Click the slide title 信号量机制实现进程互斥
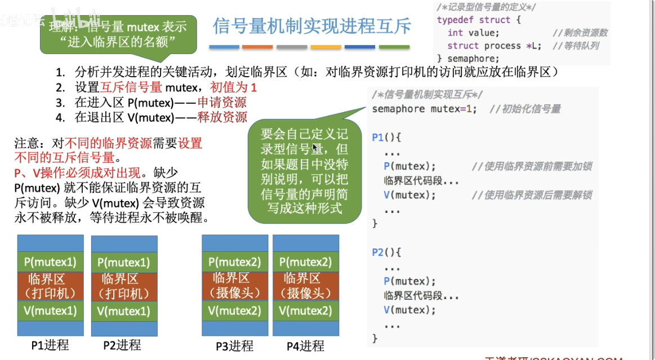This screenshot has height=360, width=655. click(x=311, y=26)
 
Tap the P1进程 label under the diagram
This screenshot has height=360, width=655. click(x=50, y=345)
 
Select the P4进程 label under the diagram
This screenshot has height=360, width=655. click(x=305, y=345)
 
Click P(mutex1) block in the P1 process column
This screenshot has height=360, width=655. click(x=50, y=261)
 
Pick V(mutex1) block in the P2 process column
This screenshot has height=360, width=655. click(x=124, y=311)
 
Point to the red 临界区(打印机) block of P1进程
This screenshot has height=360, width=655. click(x=50, y=286)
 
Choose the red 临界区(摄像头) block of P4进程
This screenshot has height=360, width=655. click(x=306, y=286)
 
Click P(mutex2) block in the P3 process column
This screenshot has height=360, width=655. click(x=235, y=261)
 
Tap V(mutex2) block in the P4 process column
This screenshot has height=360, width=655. click(x=306, y=310)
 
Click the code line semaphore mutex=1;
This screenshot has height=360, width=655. click(x=424, y=109)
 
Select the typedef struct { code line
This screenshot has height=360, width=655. click(x=479, y=20)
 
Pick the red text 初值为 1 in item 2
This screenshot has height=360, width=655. click(x=233, y=87)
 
